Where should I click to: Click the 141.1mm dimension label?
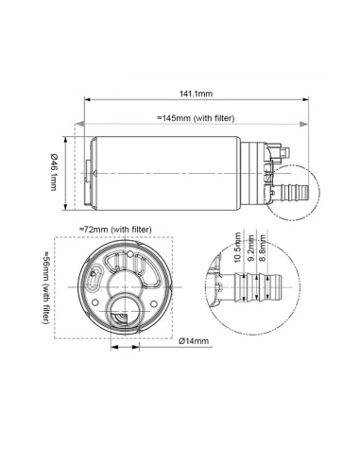click(195, 94)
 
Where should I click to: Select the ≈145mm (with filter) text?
click(195, 117)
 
